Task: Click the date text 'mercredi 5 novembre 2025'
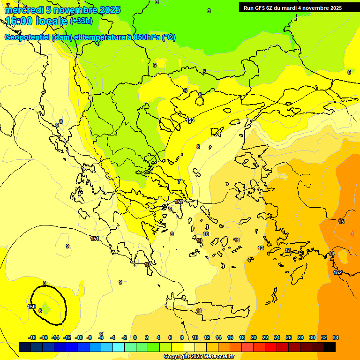point(62,10)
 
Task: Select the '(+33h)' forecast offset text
point(81,21)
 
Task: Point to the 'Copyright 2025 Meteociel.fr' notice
point(199,356)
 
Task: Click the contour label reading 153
point(190,120)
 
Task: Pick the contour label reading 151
point(95,239)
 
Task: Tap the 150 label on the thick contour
point(31,307)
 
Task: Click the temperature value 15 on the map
point(341,222)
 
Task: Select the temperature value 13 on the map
point(288,251)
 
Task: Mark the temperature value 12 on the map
point(261,248)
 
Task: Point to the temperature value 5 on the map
point(204,72)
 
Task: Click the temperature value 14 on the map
point(331,254)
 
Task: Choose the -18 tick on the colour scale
point(32,337)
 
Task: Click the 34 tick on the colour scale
point(336,337)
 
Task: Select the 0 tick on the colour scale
point(135,337)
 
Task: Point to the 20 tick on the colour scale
point(253,337)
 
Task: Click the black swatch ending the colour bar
point(330,347)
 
